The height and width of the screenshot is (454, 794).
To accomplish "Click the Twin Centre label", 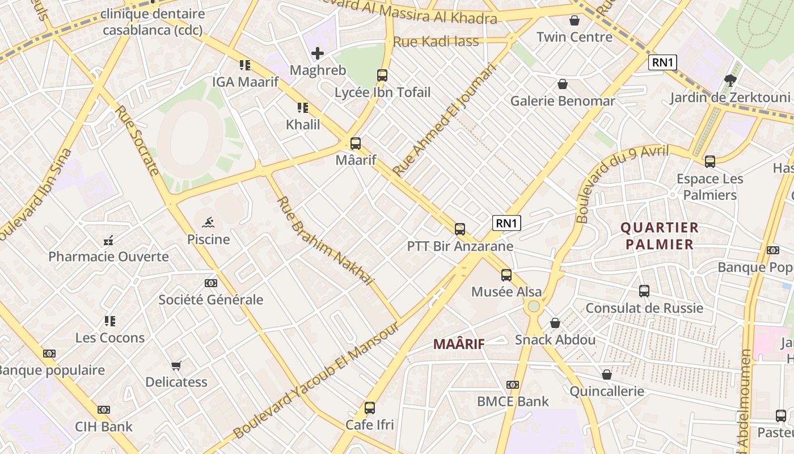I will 575,37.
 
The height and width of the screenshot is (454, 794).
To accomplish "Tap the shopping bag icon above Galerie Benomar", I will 563,84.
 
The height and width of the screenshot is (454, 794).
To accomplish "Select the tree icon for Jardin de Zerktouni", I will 730,80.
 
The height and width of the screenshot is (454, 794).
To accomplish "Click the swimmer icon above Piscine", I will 208,222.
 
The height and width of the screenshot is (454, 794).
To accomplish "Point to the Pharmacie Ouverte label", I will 108,257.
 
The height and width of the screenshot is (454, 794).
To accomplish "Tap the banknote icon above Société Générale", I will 211,283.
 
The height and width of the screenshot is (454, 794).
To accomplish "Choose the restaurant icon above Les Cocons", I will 110,321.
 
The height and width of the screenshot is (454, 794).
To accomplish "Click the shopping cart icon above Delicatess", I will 176,365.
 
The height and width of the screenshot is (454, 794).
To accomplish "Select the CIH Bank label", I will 104,427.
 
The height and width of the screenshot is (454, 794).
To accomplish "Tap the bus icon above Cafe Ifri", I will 370,407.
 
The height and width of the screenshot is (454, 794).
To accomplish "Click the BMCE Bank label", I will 513,401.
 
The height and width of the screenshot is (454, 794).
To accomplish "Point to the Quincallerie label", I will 607,391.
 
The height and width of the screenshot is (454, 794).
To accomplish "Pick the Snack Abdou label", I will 555,340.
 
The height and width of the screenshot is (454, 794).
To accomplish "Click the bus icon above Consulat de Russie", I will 644,291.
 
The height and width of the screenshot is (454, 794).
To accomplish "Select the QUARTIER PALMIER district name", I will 660,236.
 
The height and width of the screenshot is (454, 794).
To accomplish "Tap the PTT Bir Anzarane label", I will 460,246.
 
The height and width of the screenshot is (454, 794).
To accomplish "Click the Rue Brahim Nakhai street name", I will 326,241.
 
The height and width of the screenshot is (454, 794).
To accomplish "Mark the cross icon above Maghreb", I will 318,54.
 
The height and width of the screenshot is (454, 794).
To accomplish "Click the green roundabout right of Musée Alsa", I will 533,307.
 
